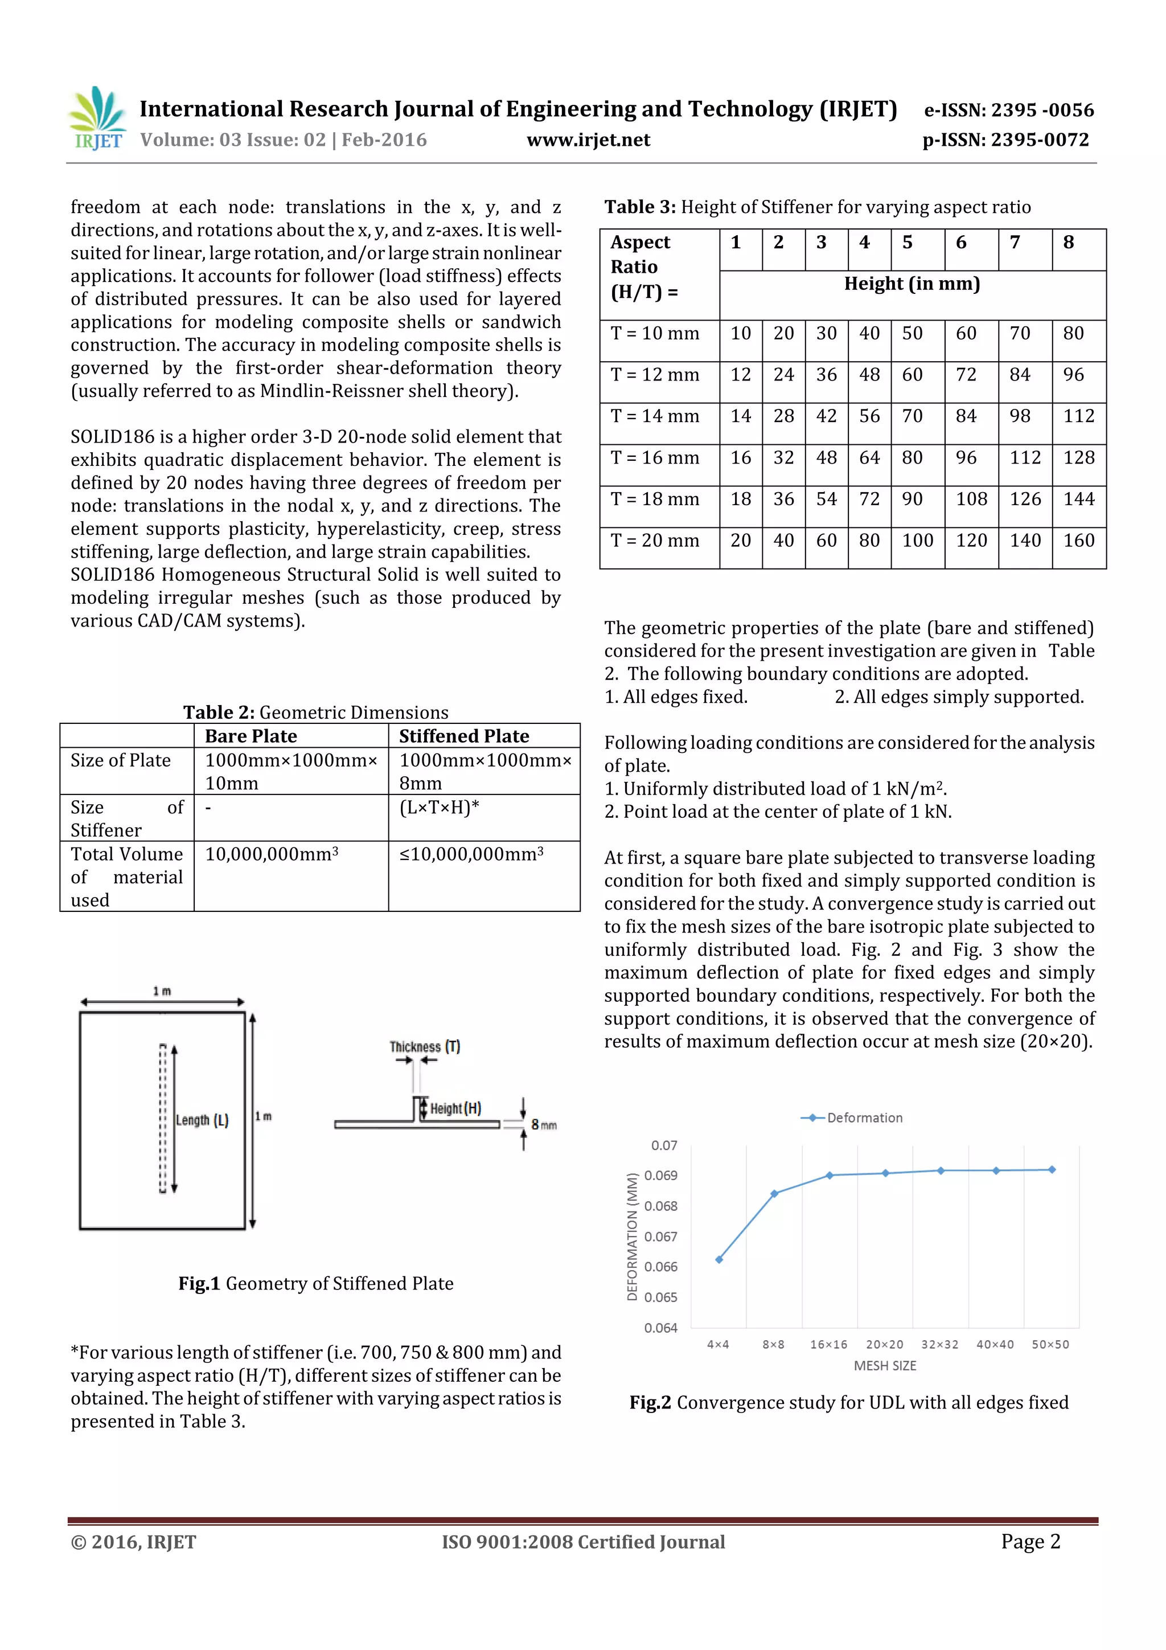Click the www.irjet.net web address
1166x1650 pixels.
588,140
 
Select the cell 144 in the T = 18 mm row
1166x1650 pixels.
1078,499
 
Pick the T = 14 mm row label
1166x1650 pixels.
655,416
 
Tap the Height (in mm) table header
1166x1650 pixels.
912,284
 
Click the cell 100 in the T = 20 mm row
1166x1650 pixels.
917,541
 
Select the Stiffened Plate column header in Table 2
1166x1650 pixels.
463,736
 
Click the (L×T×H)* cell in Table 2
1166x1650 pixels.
439,807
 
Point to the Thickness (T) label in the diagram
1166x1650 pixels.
425,1046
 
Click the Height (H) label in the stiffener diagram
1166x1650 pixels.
455,1108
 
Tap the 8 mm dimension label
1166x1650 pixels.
544,1125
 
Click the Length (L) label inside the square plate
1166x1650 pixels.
202,1120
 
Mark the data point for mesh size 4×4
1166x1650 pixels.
719,1259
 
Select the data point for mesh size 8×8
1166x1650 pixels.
774,1194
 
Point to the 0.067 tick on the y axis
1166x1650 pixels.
660,1236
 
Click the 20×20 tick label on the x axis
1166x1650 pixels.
884,1344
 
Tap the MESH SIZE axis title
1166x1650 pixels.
884,1365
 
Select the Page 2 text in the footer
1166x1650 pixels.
1030,1541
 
